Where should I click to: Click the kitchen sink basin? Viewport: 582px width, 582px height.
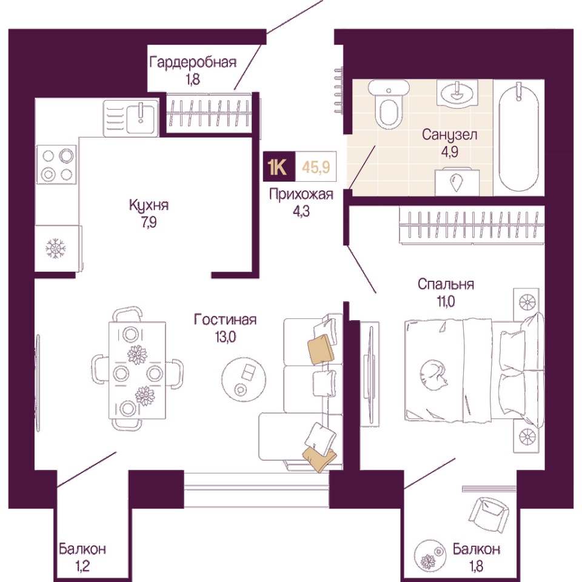[140, 118]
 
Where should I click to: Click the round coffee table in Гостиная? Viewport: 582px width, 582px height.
[244, 378]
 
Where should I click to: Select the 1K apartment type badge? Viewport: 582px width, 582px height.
[279, 166]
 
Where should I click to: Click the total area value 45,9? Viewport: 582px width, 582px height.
[316, 167]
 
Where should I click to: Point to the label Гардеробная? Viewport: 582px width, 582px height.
[193, 62]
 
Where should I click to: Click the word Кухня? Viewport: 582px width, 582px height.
[149, 205]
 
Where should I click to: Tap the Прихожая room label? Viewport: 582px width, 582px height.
[301, 195]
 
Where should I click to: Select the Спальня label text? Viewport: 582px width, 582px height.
[446, 284]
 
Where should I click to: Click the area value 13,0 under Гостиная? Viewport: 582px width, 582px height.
[226, 337]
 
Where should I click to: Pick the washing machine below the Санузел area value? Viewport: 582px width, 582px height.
[457, 181]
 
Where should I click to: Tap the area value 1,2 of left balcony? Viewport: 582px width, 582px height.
[82, 566]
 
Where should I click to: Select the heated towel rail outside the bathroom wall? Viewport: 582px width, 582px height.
[338, 90]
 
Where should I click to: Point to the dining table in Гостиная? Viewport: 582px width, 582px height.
[137, 370]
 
